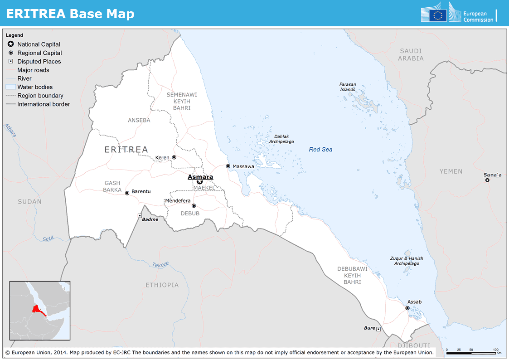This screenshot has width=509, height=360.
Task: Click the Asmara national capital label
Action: [x=200, y=177]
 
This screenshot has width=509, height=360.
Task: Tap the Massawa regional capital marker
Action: [x=228, y=166]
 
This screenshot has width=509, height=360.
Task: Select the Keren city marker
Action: [x=174, y=157]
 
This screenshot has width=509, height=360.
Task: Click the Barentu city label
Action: [x=141, y=191]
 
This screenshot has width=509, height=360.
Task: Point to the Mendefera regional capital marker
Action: [x=194, y=206]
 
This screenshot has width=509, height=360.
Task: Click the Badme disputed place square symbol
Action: [x=140, y=216]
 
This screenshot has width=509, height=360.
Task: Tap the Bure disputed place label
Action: [x=369, y=328]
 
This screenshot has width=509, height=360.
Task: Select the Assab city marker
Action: [x=407, y=308]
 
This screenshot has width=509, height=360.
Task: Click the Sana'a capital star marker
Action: [x=487, y=180]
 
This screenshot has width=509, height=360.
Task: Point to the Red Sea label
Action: [x=320, y=149]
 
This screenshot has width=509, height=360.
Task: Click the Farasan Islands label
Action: [x=348, y=87]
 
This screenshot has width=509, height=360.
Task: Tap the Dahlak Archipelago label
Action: [x=281, y=139]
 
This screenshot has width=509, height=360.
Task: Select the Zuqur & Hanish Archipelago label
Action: [x=407, y=261]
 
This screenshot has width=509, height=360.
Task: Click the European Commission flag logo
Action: [x=438, y=15]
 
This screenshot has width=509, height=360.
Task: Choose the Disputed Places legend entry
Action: [x=39, y=62]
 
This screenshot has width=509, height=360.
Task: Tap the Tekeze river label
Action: [x=160, y=265]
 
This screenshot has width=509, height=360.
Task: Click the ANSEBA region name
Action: [x=139, y=120]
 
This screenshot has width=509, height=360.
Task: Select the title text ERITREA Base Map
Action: [x=70, y=14]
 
